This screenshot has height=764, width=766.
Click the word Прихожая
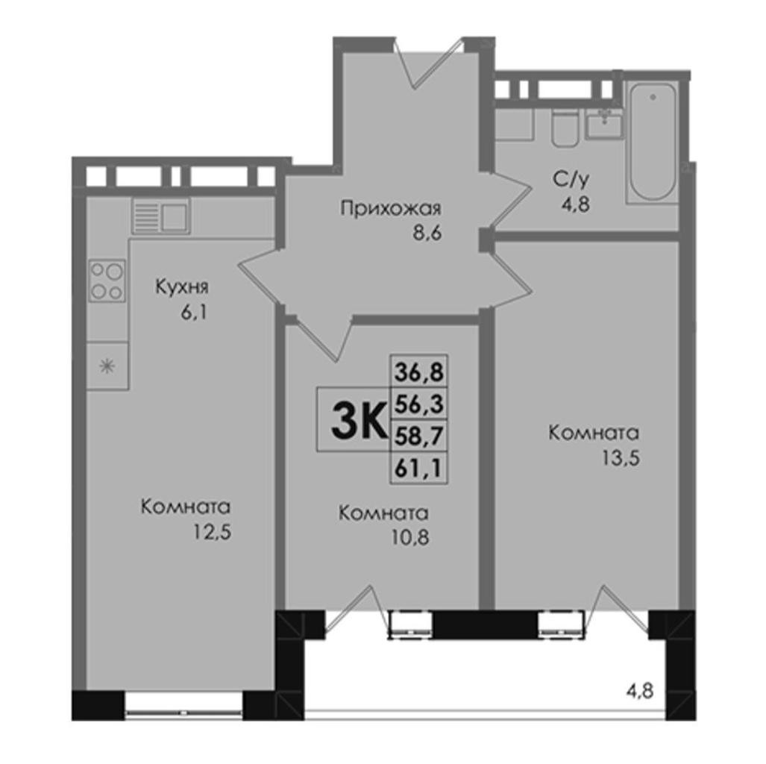[391, 209]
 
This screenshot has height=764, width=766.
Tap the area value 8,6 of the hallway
[427, 234]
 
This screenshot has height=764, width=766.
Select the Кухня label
[182, 287]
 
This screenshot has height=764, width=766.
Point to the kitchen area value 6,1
[195, 312]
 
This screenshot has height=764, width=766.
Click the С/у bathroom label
[571, 180]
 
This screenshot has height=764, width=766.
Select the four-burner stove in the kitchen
[107, 281]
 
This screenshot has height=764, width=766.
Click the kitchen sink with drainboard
[160, 215]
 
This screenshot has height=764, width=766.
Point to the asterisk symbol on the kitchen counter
[107, 366]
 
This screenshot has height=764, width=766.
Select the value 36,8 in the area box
[419, 372]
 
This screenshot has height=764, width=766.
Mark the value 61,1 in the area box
[418, 468]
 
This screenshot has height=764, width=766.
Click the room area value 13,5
[621, 459]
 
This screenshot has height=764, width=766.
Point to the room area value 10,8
[409, 538]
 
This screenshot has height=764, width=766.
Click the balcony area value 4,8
[639, 692]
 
